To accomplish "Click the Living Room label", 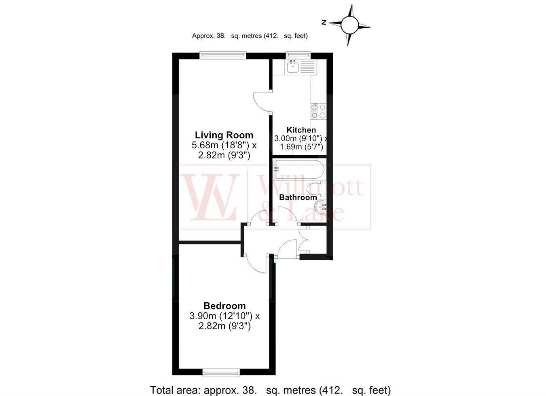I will (224, 135).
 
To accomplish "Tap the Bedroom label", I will (224, 306).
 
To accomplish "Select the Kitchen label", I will (301, 130).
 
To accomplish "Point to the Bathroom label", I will (298, 198).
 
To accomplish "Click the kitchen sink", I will (293, 67).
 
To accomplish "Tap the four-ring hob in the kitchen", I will (318, 112).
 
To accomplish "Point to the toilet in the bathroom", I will (316, 189).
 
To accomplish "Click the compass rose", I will (349, 25).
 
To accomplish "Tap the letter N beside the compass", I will (324, 23).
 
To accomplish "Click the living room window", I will (223, 55).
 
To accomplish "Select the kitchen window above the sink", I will (298, 55).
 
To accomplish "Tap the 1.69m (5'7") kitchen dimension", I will (301, 147).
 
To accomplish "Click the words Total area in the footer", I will (175, 390).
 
